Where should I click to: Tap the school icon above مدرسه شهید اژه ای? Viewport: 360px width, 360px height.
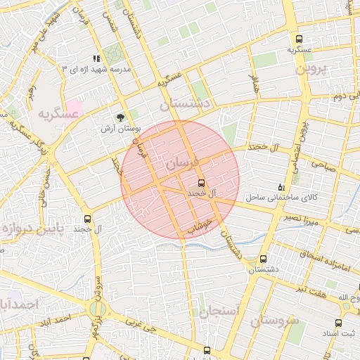tap(96, 59)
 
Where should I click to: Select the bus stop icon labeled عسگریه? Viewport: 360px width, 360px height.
tap(300, 39)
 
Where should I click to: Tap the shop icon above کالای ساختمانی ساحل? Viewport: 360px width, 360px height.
tap(281, 187)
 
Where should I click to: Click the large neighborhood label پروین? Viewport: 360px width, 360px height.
tap(311, 69)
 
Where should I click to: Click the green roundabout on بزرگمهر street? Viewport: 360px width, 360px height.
tap(98, 308)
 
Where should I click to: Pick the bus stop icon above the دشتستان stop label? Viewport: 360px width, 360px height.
tap(264, 259)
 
